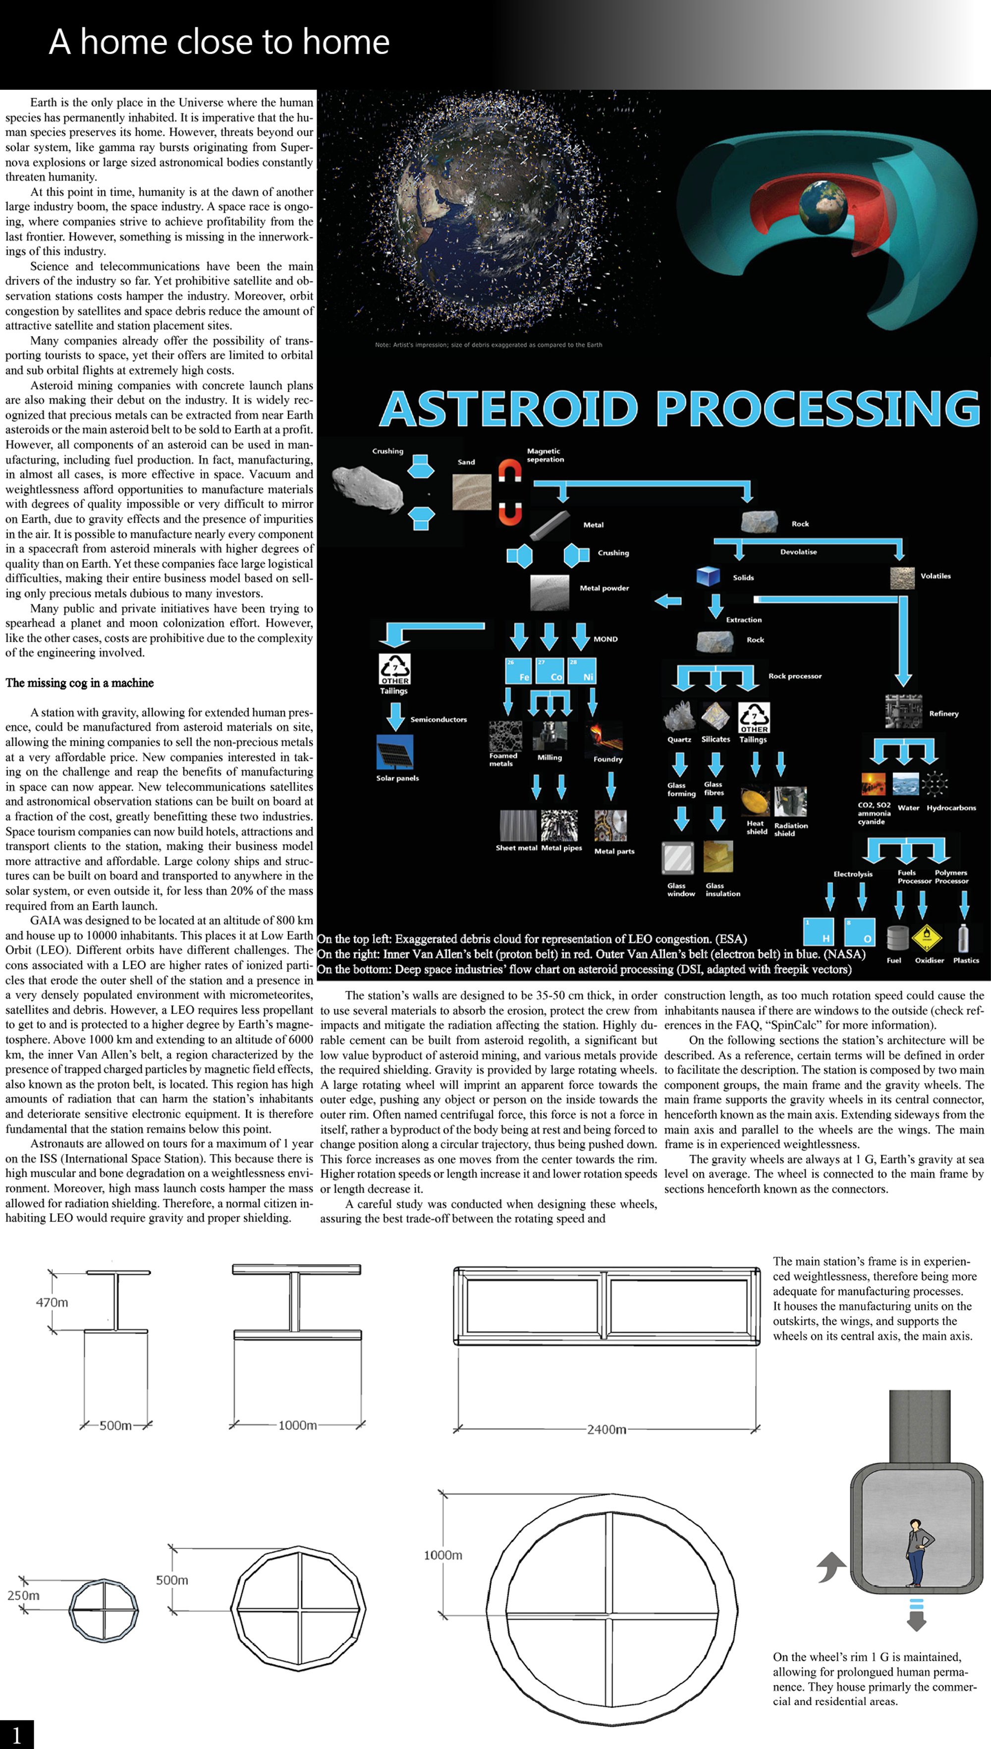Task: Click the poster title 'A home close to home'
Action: coord(219,42)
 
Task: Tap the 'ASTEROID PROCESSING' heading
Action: coord(680,408)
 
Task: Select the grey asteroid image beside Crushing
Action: coord(368,489)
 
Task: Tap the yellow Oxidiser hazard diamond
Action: coord(927,937)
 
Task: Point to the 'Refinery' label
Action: coord(943,713)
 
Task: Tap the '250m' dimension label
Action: coord(23,1595)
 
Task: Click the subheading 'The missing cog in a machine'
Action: coord(80,683)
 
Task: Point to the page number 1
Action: coord(16,1734)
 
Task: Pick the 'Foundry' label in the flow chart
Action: coord(608,759)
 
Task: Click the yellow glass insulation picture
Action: coord(718,857)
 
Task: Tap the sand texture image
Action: coord(472,492)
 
